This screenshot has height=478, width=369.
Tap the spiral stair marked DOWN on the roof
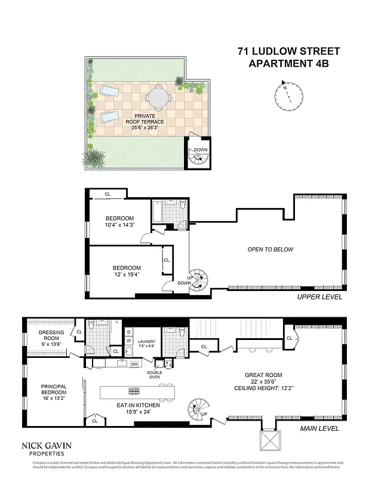pos(197,157)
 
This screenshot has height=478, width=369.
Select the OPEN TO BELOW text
pos(270,249)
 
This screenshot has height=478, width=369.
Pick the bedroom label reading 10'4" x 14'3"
pos(119,222)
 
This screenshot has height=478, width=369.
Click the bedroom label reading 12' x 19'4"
pos(127,271)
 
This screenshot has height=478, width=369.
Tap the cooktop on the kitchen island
pos(132,391)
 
